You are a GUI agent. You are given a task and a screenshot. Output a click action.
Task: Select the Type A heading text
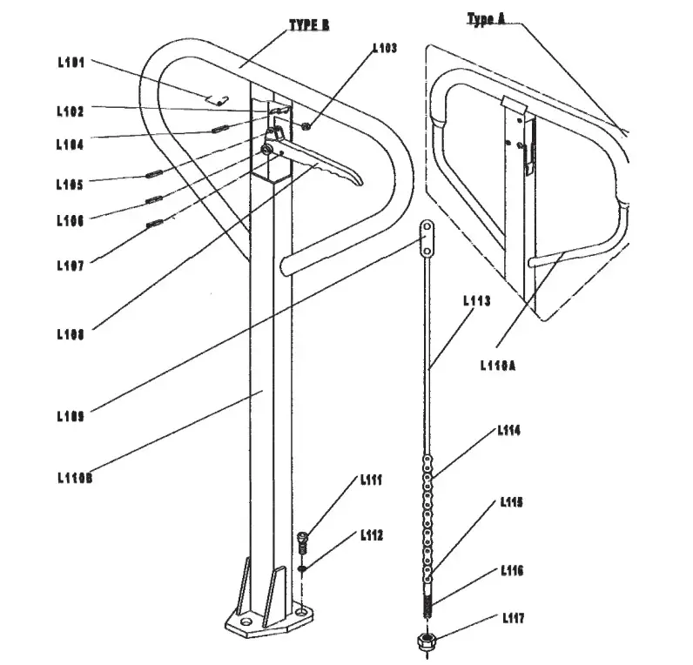[x=486, y=19]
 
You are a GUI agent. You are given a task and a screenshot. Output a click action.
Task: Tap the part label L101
[x=71, y=63]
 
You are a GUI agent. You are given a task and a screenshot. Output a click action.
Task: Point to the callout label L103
[x=384, y=49]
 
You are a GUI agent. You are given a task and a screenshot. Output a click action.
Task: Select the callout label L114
[x=509, y=430]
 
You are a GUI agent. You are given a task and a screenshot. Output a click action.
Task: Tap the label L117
[x=513, y=618]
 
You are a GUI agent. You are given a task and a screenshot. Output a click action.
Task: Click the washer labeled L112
[x=302, y=570]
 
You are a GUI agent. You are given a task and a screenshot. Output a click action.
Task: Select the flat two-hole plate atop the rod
[x=427, y=237]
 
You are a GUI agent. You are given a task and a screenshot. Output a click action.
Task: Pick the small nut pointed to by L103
[x=306, y=128]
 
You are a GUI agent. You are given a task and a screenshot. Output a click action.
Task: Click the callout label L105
[x=71, y=185]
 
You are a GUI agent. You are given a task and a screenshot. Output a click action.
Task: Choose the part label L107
[x=71, y=266]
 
